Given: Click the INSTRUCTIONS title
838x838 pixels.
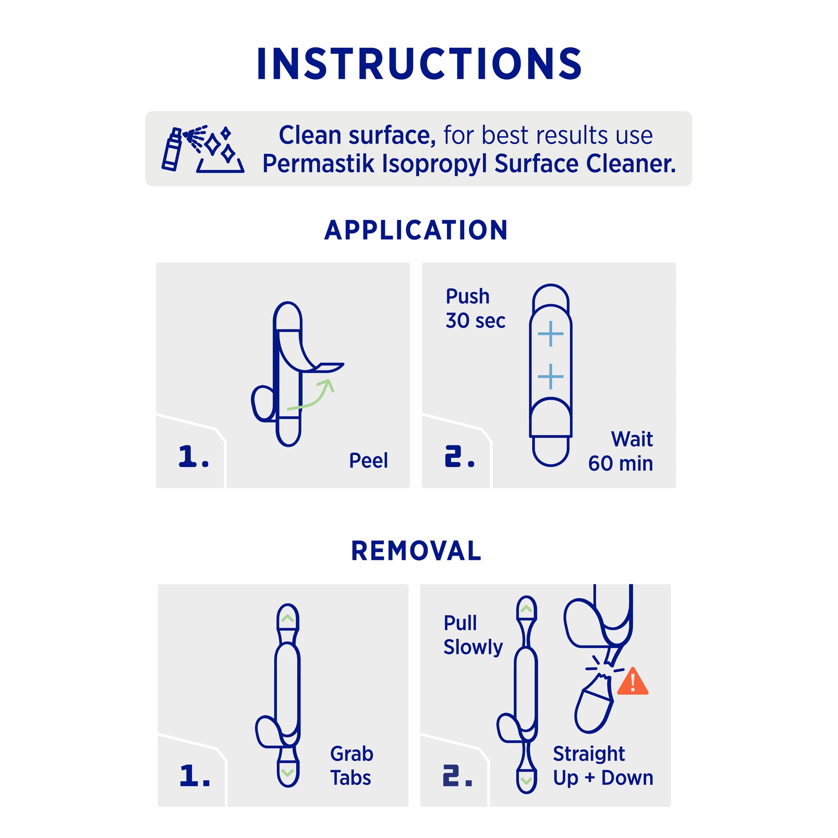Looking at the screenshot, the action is coord(419,64).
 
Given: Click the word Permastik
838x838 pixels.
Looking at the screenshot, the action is coord(318,164).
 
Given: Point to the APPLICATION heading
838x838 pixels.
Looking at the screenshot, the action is coord(416,230).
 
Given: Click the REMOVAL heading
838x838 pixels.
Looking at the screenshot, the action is coord(416,551).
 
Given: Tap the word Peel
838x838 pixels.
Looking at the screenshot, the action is coord(368,461).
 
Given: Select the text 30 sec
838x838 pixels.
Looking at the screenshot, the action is coord(475,321).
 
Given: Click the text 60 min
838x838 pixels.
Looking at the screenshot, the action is coord(620,463).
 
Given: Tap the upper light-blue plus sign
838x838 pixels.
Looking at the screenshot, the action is coord(550,334).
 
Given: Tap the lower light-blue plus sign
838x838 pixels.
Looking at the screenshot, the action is coord(550,376).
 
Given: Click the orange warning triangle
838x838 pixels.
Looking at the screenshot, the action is coord(633,681).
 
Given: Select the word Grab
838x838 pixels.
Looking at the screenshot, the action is coord(351,754).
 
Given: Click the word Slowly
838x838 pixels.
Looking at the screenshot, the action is coord(473,647).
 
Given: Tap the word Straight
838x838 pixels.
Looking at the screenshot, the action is coord(589,754).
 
